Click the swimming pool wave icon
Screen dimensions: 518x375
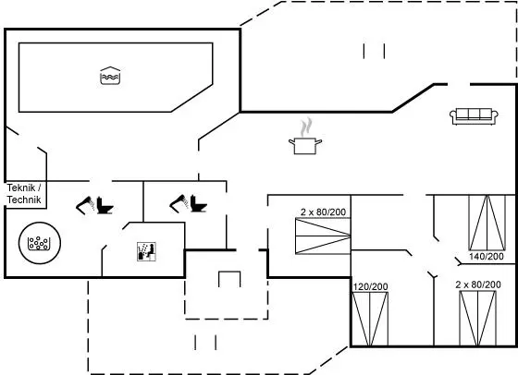coord(110,76)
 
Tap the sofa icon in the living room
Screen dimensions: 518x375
coord(474,116)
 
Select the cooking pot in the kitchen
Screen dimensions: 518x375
coord(305,146)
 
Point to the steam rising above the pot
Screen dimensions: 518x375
coord(306,127)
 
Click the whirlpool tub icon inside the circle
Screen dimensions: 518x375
coord(39,244)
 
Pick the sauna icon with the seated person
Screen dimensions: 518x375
coord(146,251)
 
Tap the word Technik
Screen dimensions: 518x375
coord(24,200)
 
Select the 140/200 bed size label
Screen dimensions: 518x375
coord(487,256)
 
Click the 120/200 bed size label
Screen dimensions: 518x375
coord(370,286)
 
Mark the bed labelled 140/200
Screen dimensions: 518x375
coord(487,223)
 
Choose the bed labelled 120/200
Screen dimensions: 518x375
coord(370,319)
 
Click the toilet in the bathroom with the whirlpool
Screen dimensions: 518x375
coord(105,205)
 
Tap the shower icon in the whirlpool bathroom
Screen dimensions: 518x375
coord(85,205)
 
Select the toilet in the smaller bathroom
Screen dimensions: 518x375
coord(199,203)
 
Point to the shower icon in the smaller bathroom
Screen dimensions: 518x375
coord(179,203)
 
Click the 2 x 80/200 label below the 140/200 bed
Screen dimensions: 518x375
coord(478,284)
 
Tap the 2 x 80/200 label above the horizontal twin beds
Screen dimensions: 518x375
coord(323,212)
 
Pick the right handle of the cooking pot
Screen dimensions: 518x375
coord(318,142)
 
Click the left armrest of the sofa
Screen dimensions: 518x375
coord(453,115)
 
